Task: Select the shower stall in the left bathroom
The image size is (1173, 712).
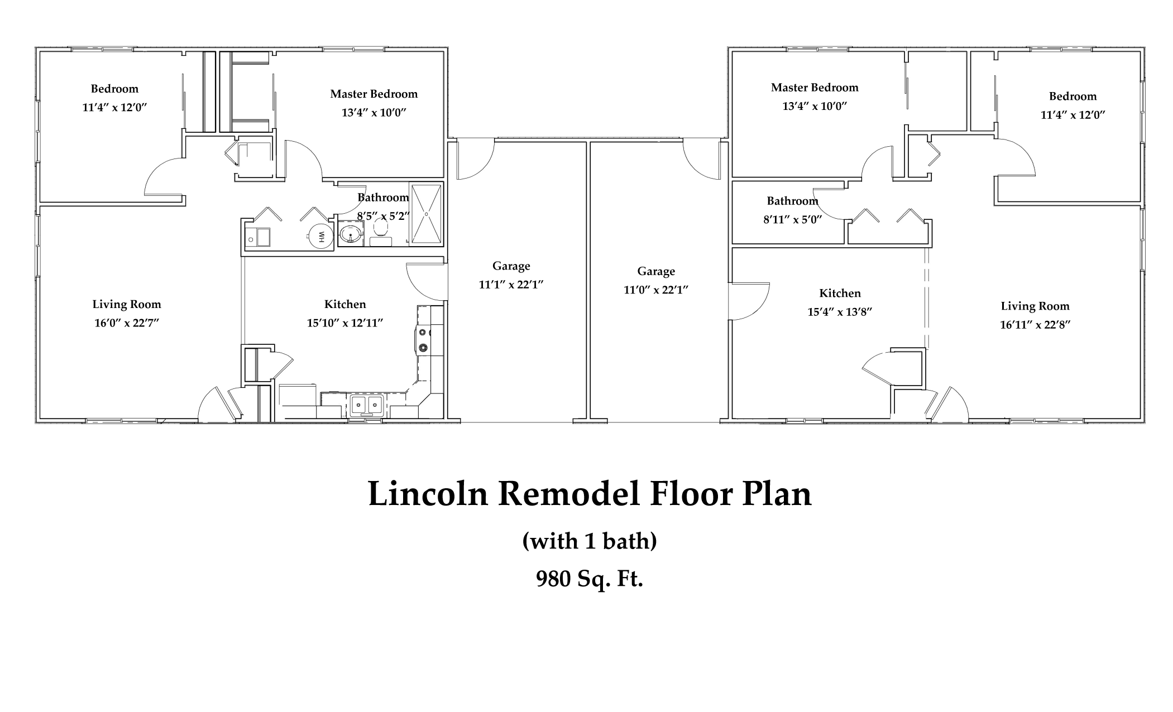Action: (427, 214)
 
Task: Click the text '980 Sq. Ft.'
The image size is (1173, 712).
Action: (590, 579)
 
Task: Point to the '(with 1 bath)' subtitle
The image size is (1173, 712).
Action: (590, 541)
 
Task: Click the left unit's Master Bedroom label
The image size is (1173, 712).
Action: (374, 94)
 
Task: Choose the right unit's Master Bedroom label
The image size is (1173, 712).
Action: (815, 88)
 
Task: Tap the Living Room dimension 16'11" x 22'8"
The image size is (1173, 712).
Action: (1035, 325)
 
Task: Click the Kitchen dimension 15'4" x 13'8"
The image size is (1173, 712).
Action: (840, 312)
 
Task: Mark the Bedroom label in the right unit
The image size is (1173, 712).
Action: (1073, 97)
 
